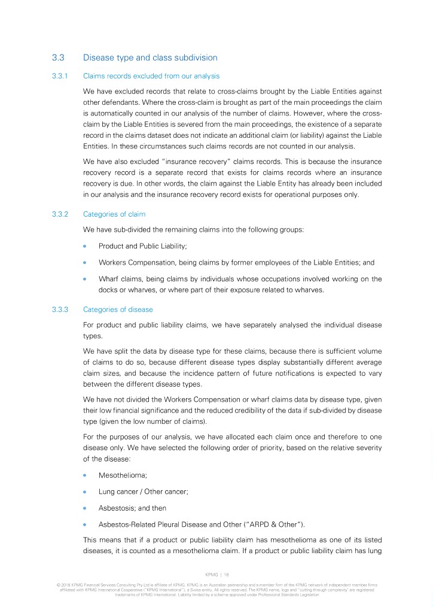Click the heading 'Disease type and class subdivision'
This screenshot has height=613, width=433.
coord(150,58)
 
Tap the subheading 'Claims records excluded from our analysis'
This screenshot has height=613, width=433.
coord(151,76)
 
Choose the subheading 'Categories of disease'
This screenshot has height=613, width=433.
coord(118,309)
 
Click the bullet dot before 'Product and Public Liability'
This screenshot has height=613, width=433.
coord(86,246)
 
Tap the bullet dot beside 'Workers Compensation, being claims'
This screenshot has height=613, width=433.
coord(86,262)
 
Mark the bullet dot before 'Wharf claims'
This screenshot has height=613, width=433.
coord(86,278)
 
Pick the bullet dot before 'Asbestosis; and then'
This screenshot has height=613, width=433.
coord(86,508)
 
